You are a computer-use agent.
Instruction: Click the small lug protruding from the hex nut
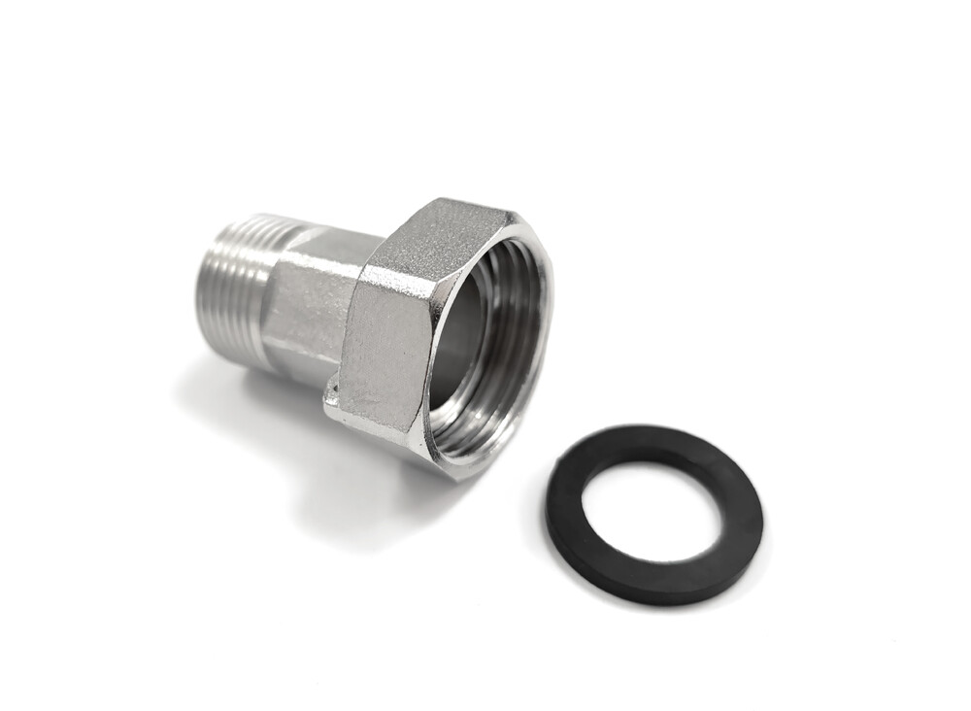coord(332,393)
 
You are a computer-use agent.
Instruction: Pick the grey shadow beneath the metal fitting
coord(291,437)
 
